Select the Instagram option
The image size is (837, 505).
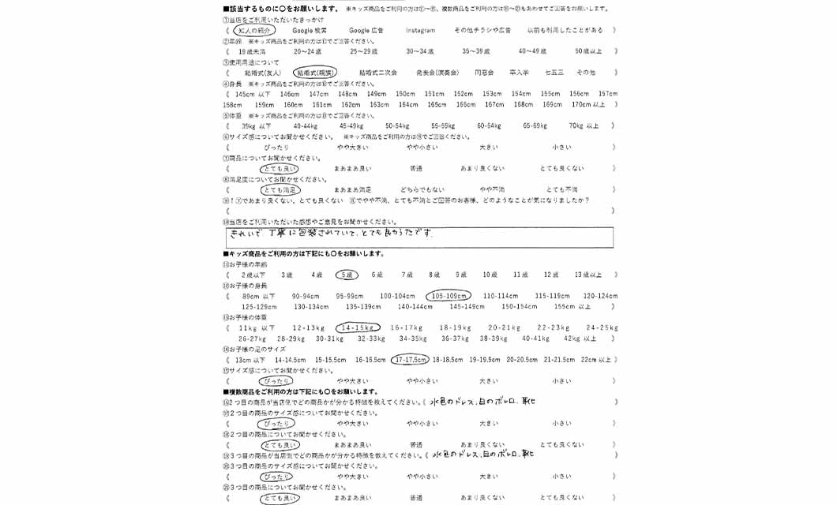pyautogui.click(x=420, y=30)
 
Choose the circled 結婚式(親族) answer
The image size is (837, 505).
pyautogui.click(x=315, y=73)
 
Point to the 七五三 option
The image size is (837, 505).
pyautogui.click(x=554, y=73)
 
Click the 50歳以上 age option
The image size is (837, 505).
pyautogui.click(x=588, y=51)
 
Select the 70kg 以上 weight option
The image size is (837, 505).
pyautogui.click(x=584, y=125)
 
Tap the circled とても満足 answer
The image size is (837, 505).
pyautogui.click(x=280, y=190)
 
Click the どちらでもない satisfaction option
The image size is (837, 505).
pyautogui.click(x=422, y=190)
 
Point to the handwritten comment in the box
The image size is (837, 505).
pyautogui.click(x=332, y=235)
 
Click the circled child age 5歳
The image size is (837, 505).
pyautogui.click(x=347, y=275)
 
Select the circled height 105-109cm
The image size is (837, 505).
pyautogui.click(x=449, y=296)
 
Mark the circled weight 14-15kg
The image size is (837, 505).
pyautogui.click(x=358, y=327)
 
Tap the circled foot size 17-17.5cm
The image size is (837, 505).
pyautogui.click(x=411, y=359)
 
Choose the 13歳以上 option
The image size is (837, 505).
pyautogui.click(x=588, y=275)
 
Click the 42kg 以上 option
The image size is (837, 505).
pyautogui.click(x=580, y=339)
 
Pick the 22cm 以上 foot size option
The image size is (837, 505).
pyautogui.click(x=596, y=359)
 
